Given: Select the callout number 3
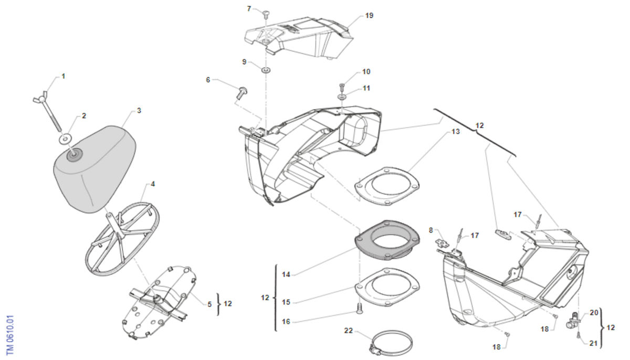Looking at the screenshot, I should coord(139,111).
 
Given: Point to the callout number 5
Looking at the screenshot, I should coord(209,304).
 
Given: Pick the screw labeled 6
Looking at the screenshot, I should coord(243,93).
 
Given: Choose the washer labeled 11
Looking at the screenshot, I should coord(342,96).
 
